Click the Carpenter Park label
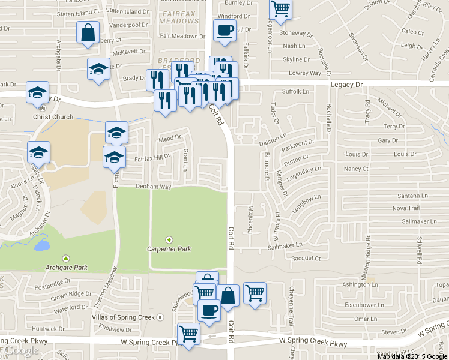(169, 248)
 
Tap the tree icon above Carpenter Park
(169, 239)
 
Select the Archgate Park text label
(67, 267)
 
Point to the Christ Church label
(53, 118)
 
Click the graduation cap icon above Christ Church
(37, 93)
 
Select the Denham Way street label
(157, 187)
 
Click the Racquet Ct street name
(306, 258)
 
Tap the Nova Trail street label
(405, 208)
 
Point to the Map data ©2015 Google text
(412, 356)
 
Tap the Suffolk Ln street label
(295, 92)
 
